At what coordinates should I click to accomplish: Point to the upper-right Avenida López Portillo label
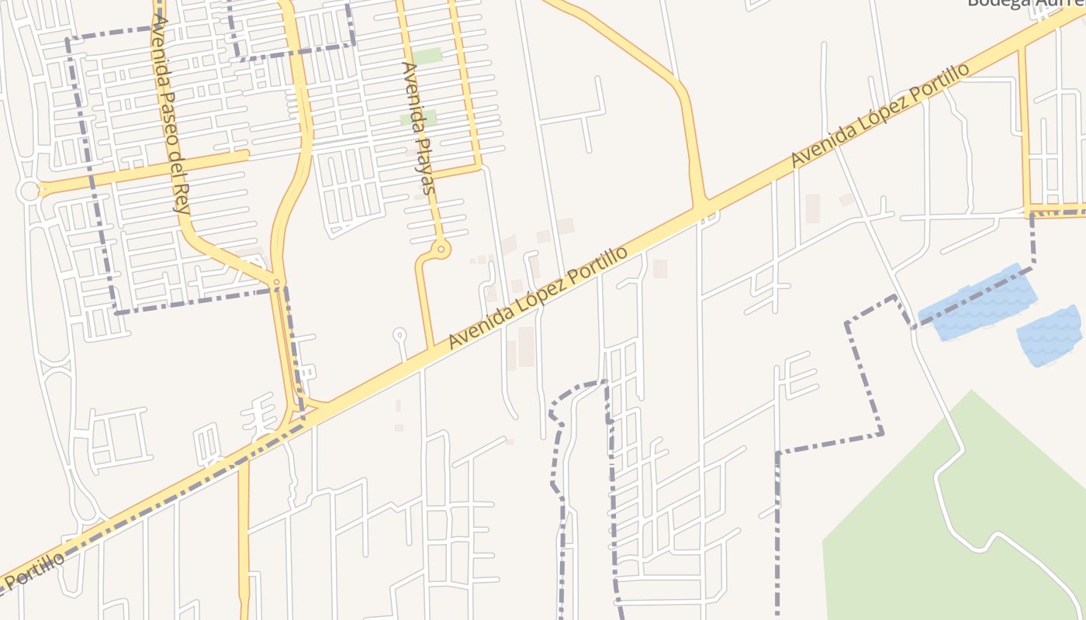880,115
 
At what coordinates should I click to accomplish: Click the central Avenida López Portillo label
538,298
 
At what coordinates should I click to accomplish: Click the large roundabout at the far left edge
29,191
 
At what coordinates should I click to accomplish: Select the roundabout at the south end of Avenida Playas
441,249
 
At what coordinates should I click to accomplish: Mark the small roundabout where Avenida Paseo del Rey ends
276,282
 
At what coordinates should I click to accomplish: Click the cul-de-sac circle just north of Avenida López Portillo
399,336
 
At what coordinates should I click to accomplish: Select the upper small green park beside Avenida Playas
427,56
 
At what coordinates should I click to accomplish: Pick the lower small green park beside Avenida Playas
418,119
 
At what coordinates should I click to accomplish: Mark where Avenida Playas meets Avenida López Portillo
431,350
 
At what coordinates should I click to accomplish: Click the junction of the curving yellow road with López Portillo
702,208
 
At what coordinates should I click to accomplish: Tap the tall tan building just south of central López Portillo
527,346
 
